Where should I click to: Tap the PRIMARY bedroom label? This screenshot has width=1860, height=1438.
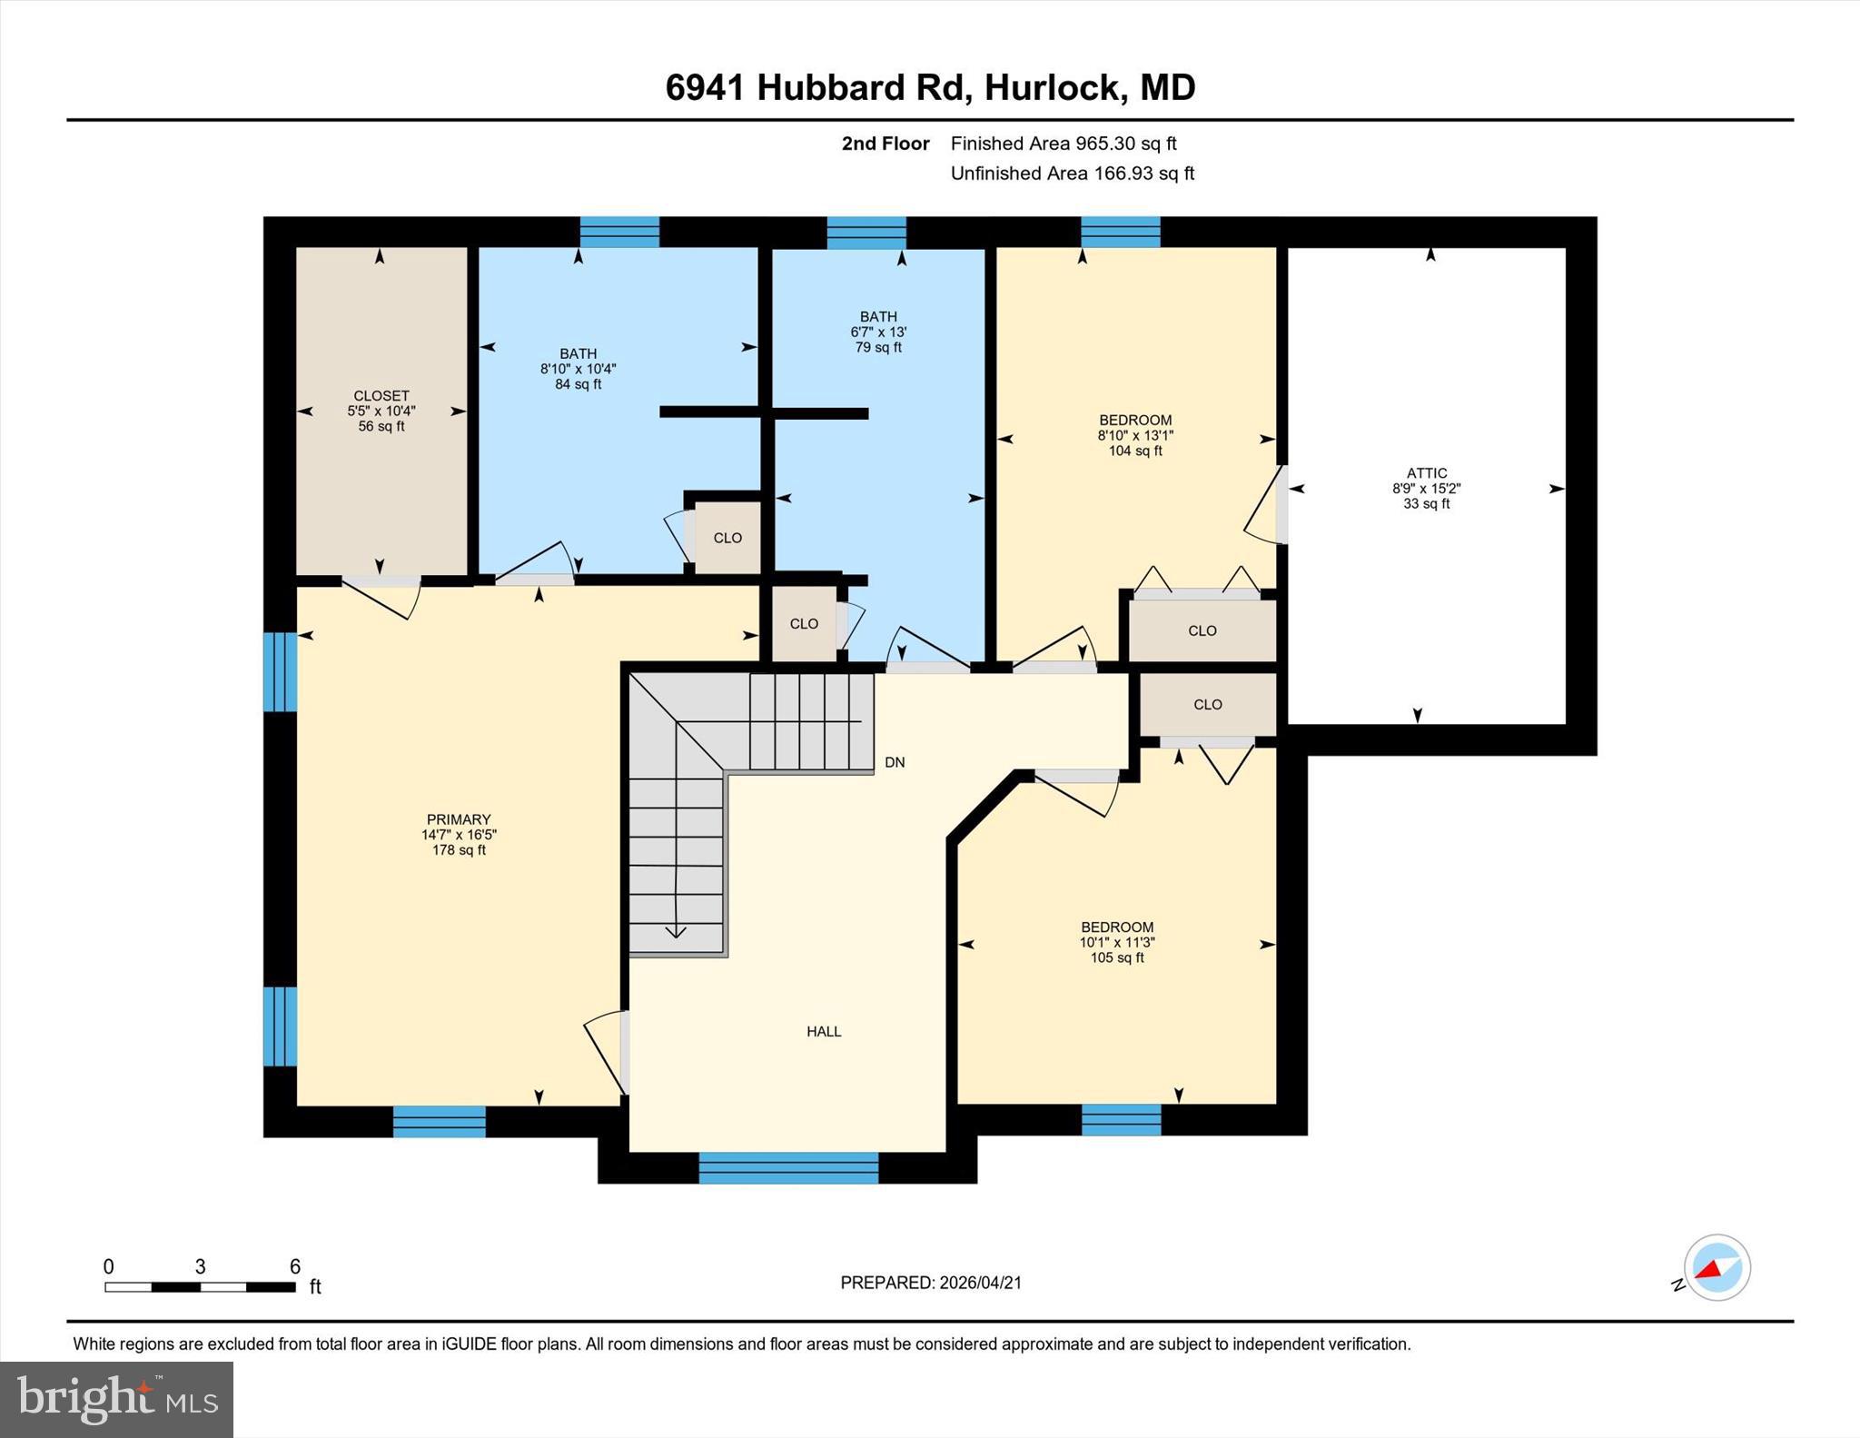pos(459,820)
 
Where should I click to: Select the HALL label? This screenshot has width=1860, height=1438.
pos(824,1032)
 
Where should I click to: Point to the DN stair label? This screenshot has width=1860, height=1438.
pos(895,763)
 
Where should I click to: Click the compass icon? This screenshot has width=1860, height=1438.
pos(1717,1268)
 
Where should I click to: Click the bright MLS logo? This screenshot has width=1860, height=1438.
pos(116,1399)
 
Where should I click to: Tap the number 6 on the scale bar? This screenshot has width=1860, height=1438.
pos(294,1266)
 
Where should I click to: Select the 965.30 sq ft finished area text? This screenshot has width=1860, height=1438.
pos(1126,144)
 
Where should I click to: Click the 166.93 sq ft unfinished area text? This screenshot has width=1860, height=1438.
pos(1143,174)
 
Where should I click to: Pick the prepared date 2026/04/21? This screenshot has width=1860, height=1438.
pos(980,1283)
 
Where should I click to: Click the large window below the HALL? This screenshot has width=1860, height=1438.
pos(788,1167)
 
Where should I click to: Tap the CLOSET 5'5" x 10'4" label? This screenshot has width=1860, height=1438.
pos(381,411)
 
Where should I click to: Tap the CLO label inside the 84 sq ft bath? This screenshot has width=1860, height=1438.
pos(727,538)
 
